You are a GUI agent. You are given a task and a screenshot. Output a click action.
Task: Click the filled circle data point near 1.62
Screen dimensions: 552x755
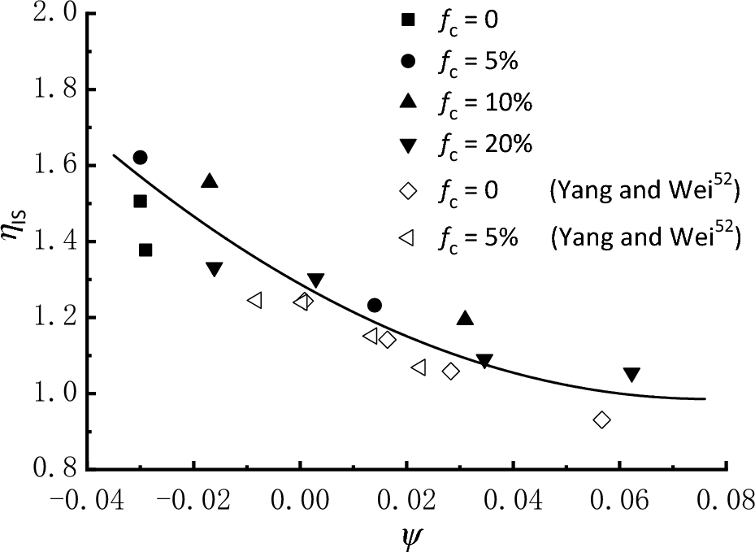click(x=140, y=157)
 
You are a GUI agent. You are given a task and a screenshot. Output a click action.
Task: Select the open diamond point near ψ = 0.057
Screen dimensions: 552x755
click(x=601, y=419)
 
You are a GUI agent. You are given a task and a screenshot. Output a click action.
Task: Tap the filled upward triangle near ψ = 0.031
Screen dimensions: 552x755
click(x=465, y=319)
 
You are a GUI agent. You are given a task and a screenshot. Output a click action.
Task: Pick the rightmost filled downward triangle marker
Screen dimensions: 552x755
click(x=631, y=375)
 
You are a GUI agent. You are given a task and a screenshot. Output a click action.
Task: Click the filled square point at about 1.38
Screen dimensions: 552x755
click(x=145, y=250)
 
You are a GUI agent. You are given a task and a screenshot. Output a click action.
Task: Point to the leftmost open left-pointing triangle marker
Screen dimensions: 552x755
click(x=254, y=300)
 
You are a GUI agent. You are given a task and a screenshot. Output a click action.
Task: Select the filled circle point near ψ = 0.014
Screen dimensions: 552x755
click(x=374, y=305)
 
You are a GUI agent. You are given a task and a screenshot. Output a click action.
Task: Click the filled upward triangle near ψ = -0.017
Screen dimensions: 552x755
click(x=210, y=181)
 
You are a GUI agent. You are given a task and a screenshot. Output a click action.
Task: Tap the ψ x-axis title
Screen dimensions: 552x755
click(x=409, y=535)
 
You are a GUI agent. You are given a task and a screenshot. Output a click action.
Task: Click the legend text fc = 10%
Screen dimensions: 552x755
click(x=487, y=103)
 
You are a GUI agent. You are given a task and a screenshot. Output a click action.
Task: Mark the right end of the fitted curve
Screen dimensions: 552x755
click(x=705, y=398)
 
